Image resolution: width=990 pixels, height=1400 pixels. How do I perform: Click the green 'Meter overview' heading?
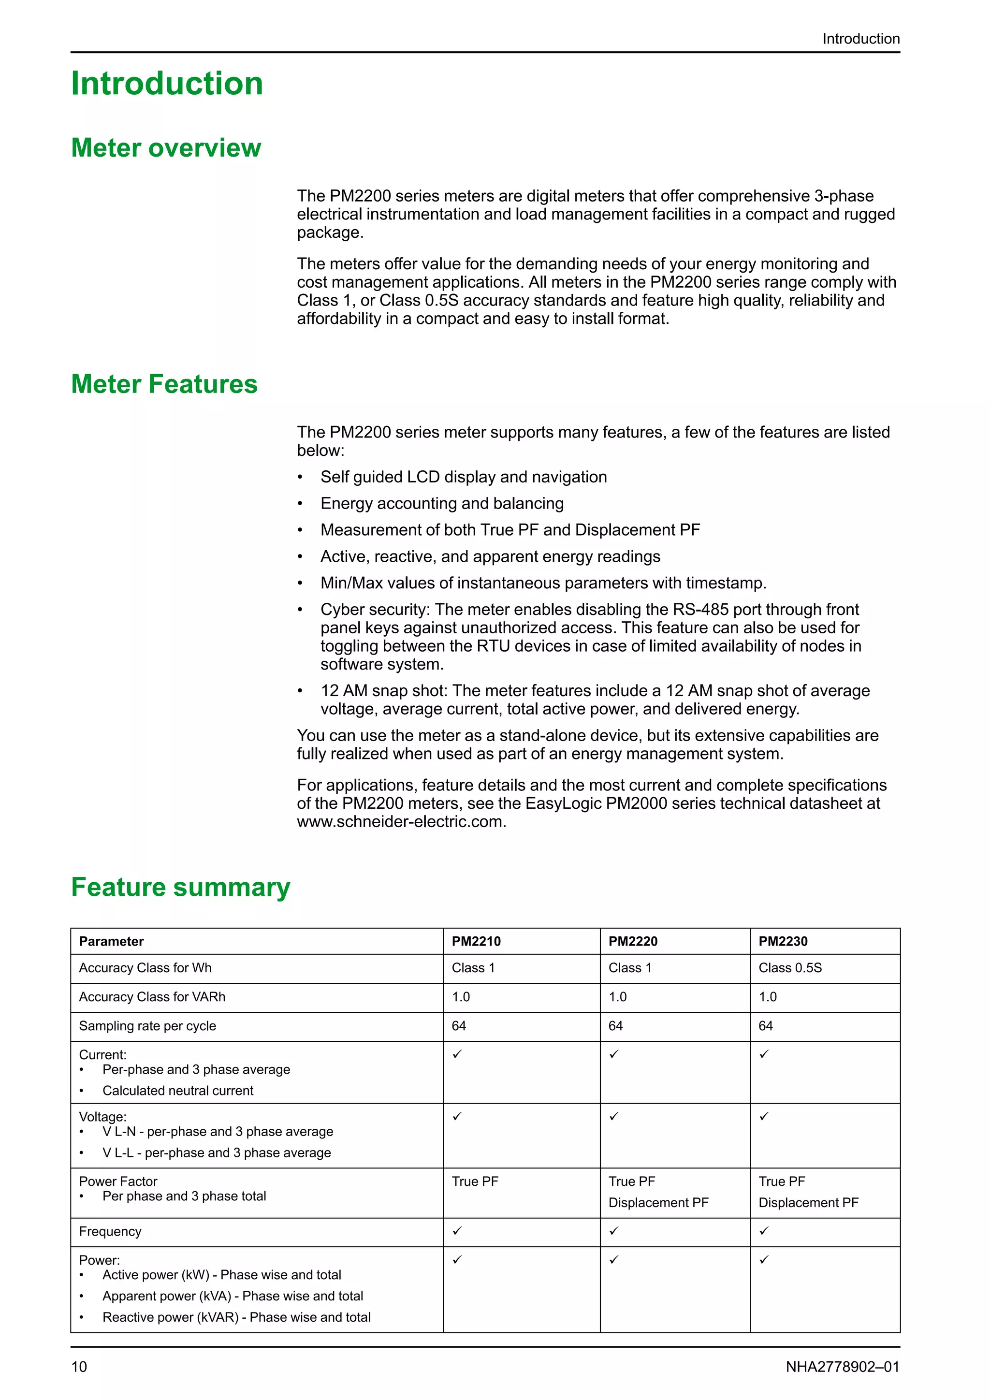click(x=166, y=148)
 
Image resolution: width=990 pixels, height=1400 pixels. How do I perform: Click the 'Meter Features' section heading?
click(x=164, y=384)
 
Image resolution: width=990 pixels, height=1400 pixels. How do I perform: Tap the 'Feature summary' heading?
click(x=180, y=887)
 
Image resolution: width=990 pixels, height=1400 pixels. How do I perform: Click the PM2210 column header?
click(x=476, y=941)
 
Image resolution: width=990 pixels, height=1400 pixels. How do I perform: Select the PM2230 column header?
click(x=783, y=941)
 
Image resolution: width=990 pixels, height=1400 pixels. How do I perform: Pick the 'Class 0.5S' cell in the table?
click(x=790, y=968)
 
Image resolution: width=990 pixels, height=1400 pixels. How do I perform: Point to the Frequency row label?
click(x=110, y=1232)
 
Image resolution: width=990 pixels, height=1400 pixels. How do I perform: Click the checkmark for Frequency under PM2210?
click(x=457, y=1231)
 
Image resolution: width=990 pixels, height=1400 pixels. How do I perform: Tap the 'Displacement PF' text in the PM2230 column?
click(x=808, y=1203)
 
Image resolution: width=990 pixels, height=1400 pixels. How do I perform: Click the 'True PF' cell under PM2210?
click(x=475, y=1181)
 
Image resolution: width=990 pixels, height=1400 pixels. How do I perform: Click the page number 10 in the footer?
click(x=79, y=1367)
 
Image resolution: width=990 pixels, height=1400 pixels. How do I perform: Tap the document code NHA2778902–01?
click(x=843, y=1367)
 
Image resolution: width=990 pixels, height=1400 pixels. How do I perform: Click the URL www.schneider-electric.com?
click(x=401, y=822)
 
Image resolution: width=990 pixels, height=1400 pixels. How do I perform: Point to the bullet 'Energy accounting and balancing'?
click(x=442, y=504)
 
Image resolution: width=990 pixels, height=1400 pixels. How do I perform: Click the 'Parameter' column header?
click(x=112, y=941)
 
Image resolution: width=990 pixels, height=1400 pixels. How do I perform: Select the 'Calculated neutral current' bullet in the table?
click(x=177, y=1091)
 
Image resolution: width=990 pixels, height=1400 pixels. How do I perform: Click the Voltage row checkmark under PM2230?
click(x=764, y=1116)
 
